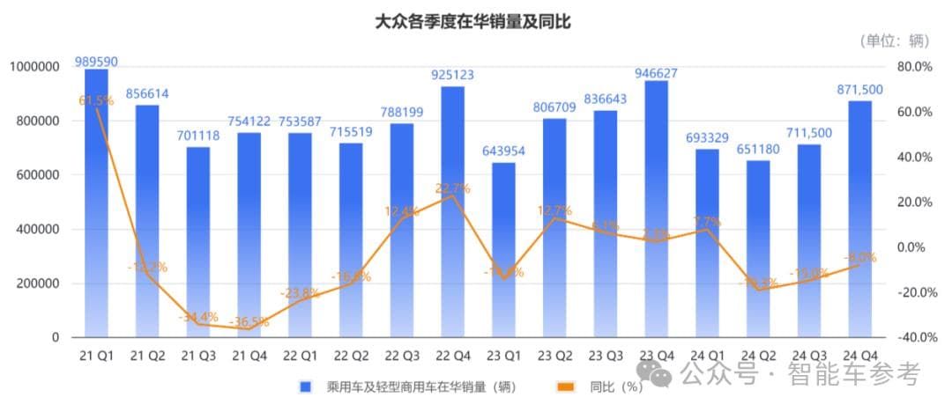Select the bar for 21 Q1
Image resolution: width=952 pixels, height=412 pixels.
coord(96,202)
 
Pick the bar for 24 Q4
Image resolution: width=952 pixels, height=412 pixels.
coord(859,220)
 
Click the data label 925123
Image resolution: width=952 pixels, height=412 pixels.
coord(453,76)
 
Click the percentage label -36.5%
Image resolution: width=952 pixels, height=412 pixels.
coord(249,323)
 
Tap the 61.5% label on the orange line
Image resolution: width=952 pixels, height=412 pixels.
coord(96,101)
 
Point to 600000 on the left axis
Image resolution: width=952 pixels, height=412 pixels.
coord(34,175)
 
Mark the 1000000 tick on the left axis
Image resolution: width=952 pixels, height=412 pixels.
coord(34,67)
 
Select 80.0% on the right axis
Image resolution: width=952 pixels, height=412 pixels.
coord(913,67)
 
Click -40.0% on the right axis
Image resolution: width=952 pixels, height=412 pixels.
coord(913,338)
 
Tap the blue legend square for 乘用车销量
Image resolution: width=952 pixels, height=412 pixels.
coord(306,386)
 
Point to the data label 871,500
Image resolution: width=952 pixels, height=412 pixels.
coord(859,90)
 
